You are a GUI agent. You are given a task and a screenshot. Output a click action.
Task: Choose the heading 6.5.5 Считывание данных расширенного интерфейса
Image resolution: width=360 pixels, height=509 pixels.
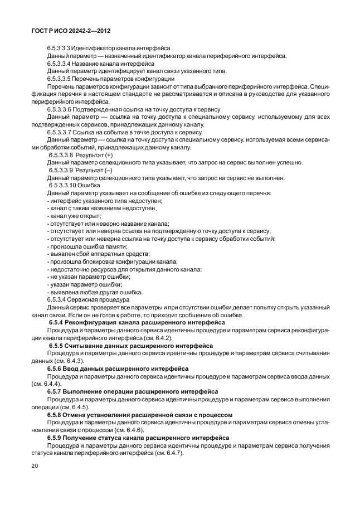(x=134, y=346)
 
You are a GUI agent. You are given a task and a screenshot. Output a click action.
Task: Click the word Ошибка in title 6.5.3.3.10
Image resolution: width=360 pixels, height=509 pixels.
(x=88, y=185)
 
